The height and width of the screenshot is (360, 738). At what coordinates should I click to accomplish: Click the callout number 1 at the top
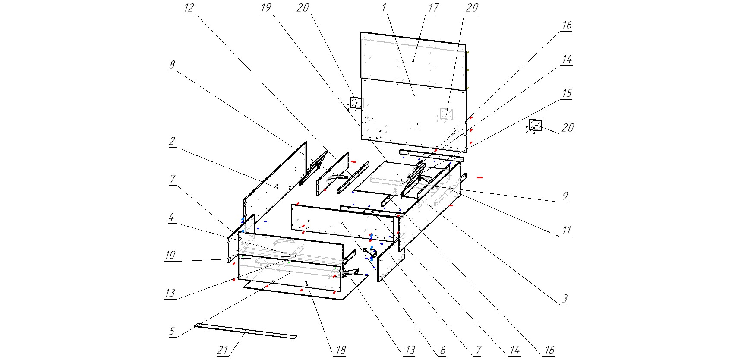point(384,8)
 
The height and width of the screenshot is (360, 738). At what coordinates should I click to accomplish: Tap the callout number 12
point(189,8)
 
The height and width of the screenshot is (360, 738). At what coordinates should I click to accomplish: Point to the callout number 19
point(266,8)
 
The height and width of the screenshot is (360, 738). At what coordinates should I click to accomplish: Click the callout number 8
point(172,65)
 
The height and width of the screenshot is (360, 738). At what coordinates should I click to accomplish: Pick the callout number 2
point(172,141)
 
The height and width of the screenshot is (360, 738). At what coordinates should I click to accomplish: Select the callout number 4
point(171,217)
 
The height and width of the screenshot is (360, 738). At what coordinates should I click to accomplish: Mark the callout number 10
point(170,255)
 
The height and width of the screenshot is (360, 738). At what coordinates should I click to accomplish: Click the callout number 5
point(172,331)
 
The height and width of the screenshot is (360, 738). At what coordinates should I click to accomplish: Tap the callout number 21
point(222,350)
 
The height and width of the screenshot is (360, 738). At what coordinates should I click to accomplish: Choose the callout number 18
point(341,350)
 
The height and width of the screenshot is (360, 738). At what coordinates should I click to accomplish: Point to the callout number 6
point(442,350)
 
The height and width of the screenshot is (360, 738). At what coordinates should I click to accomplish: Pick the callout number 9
point(565,196)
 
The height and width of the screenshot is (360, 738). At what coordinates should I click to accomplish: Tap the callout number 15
point(567,93)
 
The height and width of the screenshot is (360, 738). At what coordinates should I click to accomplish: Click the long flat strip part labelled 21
point(246,331)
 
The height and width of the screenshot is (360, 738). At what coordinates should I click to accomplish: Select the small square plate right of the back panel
point(535,125)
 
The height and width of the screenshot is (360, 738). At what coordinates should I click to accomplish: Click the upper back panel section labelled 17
point(413,60)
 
